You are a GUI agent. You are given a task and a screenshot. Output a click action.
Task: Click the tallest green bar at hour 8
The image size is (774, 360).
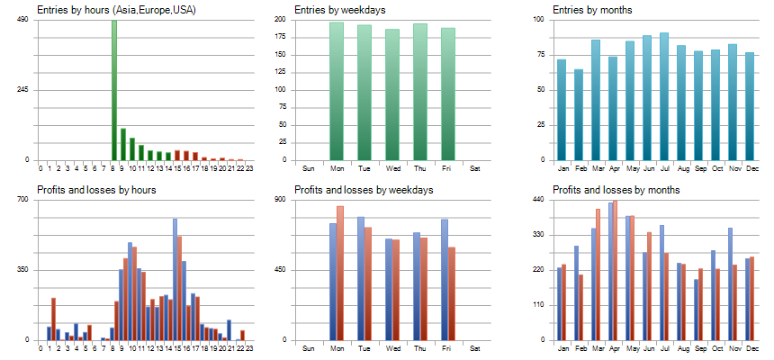click(114, 90)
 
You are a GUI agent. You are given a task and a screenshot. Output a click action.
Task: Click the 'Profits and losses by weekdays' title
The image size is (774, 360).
click(364, 190)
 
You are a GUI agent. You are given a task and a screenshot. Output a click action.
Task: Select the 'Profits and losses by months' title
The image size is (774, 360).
click(616, 190)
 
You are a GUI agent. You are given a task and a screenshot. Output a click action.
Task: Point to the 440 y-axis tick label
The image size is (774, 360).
click(538, 199)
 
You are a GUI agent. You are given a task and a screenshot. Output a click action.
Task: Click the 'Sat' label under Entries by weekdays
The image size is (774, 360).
click(475, 167)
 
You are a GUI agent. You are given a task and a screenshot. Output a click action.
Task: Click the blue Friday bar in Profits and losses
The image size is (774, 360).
click(444, 279)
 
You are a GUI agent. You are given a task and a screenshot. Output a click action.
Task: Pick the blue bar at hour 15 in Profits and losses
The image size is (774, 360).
click(175, 279)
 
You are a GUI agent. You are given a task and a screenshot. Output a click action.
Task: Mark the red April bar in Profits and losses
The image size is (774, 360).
click(616, 270)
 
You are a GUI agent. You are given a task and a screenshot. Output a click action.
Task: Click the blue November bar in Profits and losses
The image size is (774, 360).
click(730, 283)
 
